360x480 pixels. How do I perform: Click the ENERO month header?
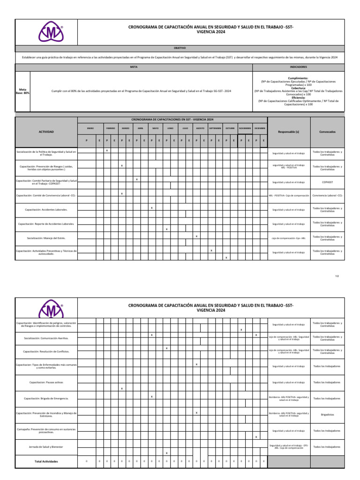(90, 128)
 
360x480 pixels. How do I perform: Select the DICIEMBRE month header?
(260, 128)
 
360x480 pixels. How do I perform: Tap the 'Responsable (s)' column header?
(289, 132)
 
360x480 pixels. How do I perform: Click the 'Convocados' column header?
(327, 132)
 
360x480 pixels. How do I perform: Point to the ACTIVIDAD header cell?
(46, 132)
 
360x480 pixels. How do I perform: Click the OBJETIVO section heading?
(180, 48)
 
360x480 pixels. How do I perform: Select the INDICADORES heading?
(299, 67)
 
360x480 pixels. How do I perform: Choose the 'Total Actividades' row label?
(46, 462)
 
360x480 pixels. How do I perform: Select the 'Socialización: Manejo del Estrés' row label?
(46, 238)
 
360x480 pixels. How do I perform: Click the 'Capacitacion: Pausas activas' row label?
(46, 382)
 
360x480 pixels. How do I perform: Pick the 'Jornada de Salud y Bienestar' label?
(46, 447)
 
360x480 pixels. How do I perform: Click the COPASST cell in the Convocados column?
(327, 182)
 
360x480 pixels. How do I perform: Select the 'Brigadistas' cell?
(327, 414)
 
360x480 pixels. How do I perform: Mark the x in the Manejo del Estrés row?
(196, 236)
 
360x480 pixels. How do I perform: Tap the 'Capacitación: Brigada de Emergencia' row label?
(46, 398)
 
